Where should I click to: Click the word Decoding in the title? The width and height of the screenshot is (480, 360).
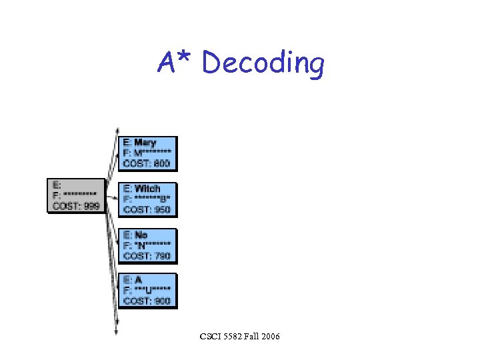tap(263, 64)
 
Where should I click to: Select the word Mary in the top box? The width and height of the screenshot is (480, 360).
tap(145, 143)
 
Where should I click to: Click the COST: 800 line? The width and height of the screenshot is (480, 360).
tap(147, 164)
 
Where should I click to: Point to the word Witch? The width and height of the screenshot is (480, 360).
tap(147, 189)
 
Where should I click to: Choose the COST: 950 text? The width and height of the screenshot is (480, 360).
tap(147, 210)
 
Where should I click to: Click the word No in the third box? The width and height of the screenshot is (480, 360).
tap(141, 235)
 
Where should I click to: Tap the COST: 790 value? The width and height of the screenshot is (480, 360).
tap(147, 256)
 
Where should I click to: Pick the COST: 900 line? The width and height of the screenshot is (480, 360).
tap(147, 301)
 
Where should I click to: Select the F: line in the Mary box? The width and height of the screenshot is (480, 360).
tap(147, 153)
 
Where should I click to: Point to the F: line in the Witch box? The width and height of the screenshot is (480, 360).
tap(147, 199)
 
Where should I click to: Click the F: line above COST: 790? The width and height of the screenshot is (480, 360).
tap(147, 245)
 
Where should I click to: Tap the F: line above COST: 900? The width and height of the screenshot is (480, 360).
tap(147, 291)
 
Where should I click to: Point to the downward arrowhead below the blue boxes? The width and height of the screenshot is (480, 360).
tap(117, 331)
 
